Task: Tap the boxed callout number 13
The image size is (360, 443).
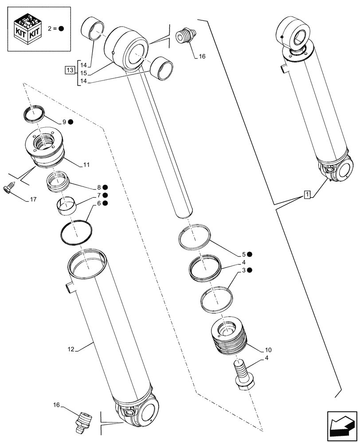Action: (x=70, y=70)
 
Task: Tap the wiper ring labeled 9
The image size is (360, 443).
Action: (x=34, y=113)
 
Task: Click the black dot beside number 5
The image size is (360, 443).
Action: (x=250, y=254)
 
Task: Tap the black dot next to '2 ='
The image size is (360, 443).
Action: (x=61, y=28)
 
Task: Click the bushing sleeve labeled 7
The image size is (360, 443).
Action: (x=66, y=205)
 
